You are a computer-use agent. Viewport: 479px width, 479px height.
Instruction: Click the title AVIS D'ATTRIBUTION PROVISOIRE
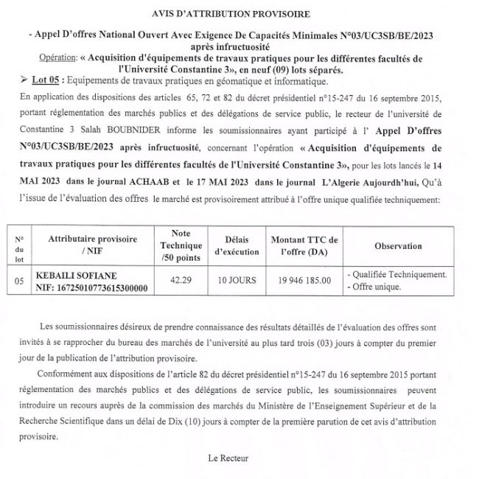coord(241,14)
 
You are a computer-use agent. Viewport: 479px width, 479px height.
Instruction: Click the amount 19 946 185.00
coord(304,281)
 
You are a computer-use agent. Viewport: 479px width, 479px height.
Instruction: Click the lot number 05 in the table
coord(19,281)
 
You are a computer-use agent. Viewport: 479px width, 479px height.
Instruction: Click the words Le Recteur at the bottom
coord(228,458)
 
